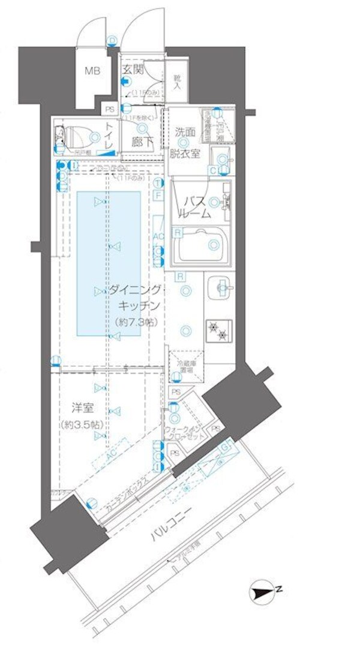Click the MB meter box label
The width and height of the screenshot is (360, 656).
(92, 71)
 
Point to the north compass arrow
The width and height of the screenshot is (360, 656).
(264, 592)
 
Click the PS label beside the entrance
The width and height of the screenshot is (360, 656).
(110, 109)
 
